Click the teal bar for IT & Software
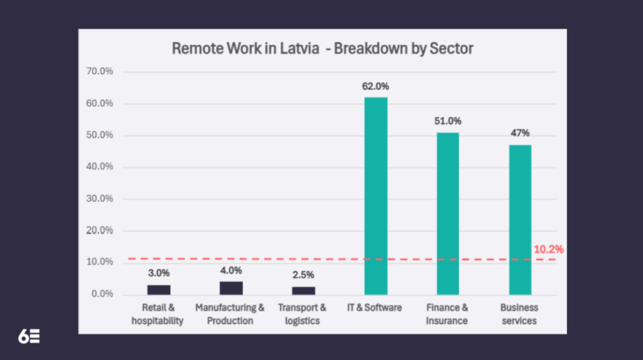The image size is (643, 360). point(376,195)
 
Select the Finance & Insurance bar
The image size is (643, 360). point(448,213)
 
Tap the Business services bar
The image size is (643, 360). point(520,219)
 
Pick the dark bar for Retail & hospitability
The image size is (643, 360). point(159,290)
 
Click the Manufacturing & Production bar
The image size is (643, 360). point(231,288)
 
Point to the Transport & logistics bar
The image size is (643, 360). point(303,290)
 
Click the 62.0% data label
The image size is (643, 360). point(376,86)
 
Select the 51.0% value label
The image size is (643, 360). point(448,121)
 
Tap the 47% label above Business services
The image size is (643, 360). point(520,133)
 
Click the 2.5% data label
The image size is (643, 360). point(303,275)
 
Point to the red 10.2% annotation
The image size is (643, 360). point(548,249)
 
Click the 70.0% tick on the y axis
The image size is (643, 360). point(100,72)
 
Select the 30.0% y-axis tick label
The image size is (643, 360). point(100,199)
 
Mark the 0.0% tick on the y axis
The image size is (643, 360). point(102,294)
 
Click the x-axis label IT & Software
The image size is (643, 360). point(376,308)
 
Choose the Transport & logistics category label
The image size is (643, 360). point(302,314)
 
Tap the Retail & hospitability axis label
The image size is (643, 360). point(158,314)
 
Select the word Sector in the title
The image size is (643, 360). point(451,48)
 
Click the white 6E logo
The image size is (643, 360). point(29,336)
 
